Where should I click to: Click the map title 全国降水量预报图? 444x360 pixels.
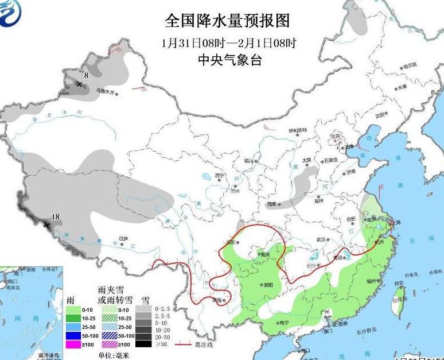(x=227, y=21)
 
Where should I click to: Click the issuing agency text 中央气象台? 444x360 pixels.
(x=228, y=59)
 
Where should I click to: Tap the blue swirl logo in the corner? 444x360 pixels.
(x=13, y=13)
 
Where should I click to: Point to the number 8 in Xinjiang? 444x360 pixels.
(x=87, y=75)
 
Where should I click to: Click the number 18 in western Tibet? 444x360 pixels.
(x=56, y=216)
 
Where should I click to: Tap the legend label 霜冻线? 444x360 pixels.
(x=202, y=344)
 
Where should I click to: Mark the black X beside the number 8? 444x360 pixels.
(x=79, y=84)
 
